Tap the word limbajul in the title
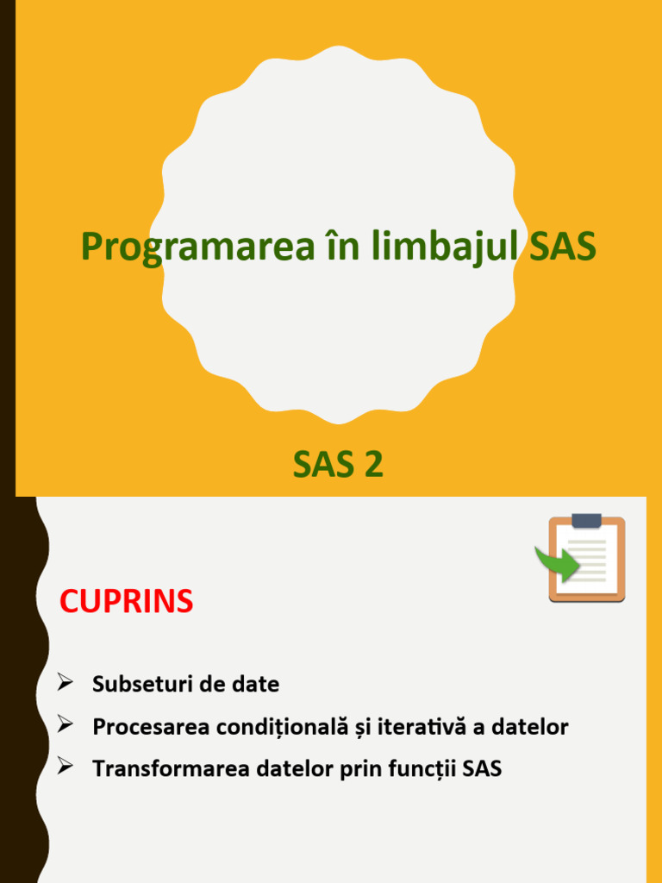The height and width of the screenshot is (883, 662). coord(446,247)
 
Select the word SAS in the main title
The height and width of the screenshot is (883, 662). coord(562,247)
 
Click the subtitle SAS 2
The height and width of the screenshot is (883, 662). coord(338,466)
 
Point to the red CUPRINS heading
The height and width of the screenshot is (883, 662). coord(126,602)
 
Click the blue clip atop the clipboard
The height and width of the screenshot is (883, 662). coord(586,520)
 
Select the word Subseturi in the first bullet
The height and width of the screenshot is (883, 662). coord(138,685)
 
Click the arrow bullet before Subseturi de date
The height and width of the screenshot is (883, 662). coord(65,684)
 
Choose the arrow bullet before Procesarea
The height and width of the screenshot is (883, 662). coord(65,726)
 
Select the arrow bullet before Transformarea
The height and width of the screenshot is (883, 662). coord(65,767)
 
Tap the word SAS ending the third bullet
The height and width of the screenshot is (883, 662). coord(482,768)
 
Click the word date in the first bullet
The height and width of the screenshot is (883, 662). coord(256,685)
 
